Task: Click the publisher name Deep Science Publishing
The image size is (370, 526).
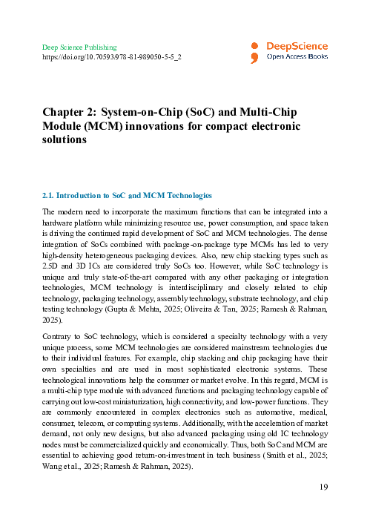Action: tap(79, 47)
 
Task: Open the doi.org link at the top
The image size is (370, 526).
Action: tap(112, 56)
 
